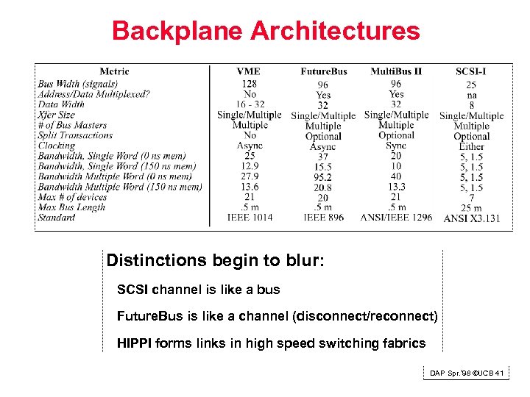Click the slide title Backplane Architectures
[266, 31]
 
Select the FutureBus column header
[323, 71]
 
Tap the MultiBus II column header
[396, 71]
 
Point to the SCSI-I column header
[471, 71]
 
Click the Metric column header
[114, 71]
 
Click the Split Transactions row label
[75, 135]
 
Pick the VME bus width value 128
[249, 84]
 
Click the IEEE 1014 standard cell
[250, 218]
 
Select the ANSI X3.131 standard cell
[471, 219]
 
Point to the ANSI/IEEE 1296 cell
[396, 218]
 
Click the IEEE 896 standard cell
[323, 218]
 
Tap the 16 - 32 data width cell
[249, 104]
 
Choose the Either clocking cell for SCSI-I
[471, 147]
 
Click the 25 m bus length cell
[471, 208]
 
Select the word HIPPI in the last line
[133, 343]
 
